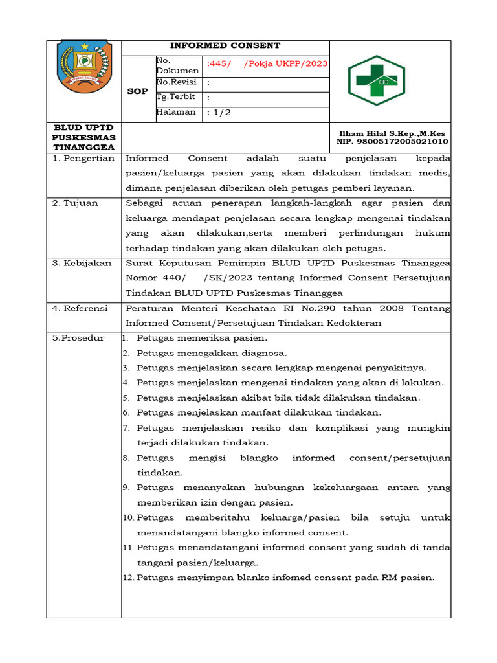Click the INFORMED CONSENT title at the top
click(225, 45)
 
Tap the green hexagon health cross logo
click(376, 80)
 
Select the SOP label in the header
click(137, 91)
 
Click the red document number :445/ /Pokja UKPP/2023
click(267, 63)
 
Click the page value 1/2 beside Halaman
click(220, 113)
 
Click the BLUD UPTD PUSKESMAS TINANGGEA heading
click(84, 137)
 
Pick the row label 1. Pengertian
click(83, 158)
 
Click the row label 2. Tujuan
click(76, 203)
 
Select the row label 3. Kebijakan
click(82, 264)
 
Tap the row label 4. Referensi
click(81, 309)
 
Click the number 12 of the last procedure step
click(127, 578)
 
